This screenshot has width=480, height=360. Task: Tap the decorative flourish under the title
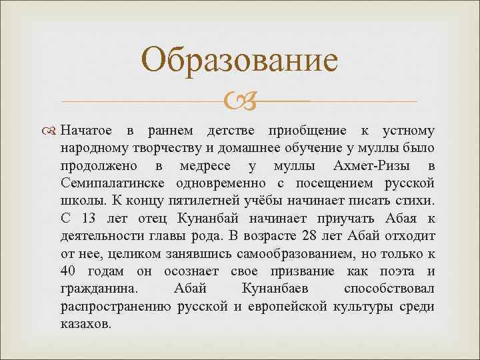point(240,101)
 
